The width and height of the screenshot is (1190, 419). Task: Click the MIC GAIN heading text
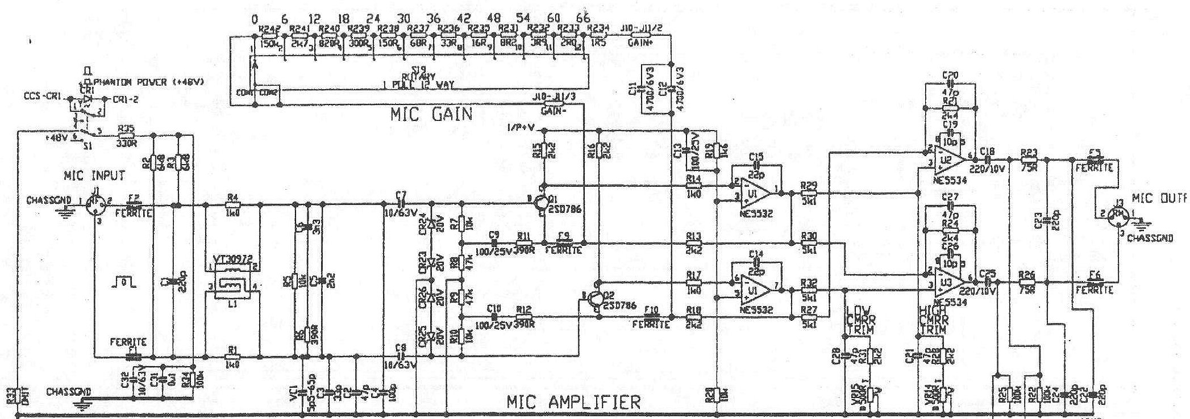tap(431, 115)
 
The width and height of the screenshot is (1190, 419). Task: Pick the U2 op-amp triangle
tap(945, 158)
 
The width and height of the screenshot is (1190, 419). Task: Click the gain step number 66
tap(583, 19)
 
